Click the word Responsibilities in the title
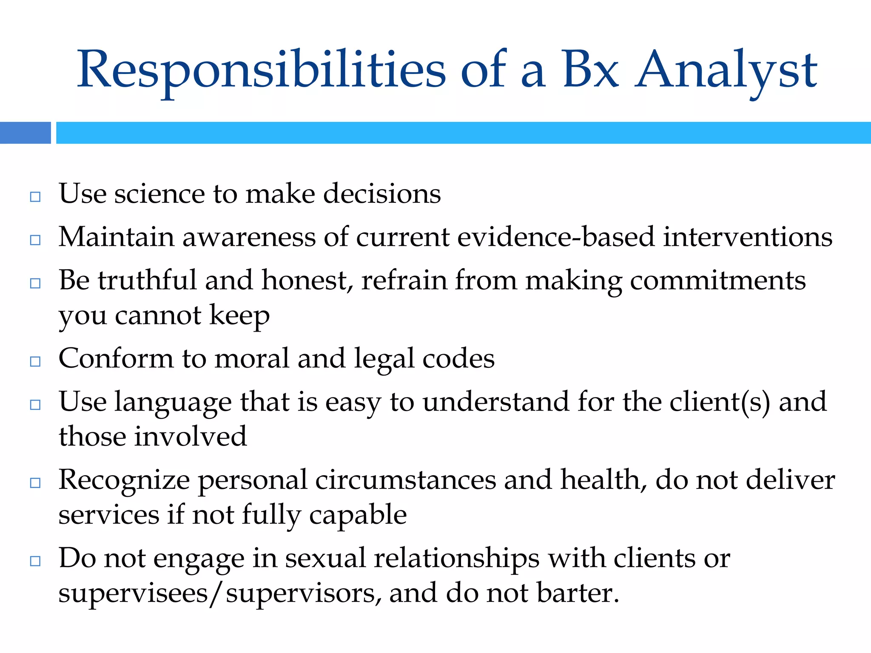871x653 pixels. tap(261, 70)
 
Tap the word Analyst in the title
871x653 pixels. tap(726, 70)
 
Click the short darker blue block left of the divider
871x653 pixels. tap(25, 133)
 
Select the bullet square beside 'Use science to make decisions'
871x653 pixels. tap(35, 196)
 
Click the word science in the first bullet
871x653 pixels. tap(159, 194)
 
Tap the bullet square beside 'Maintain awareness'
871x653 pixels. tap(35, 240)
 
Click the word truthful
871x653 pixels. tap(148, 280)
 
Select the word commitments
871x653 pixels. tap(717, 281)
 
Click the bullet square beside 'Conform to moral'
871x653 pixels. tap(35, 361)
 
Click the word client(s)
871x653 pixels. tap(720, 402)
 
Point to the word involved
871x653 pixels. tap(190, 437)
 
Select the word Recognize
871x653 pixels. tap(124, 480)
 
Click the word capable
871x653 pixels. tap(358, 515)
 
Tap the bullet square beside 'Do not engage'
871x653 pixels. tap(35, 561)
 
